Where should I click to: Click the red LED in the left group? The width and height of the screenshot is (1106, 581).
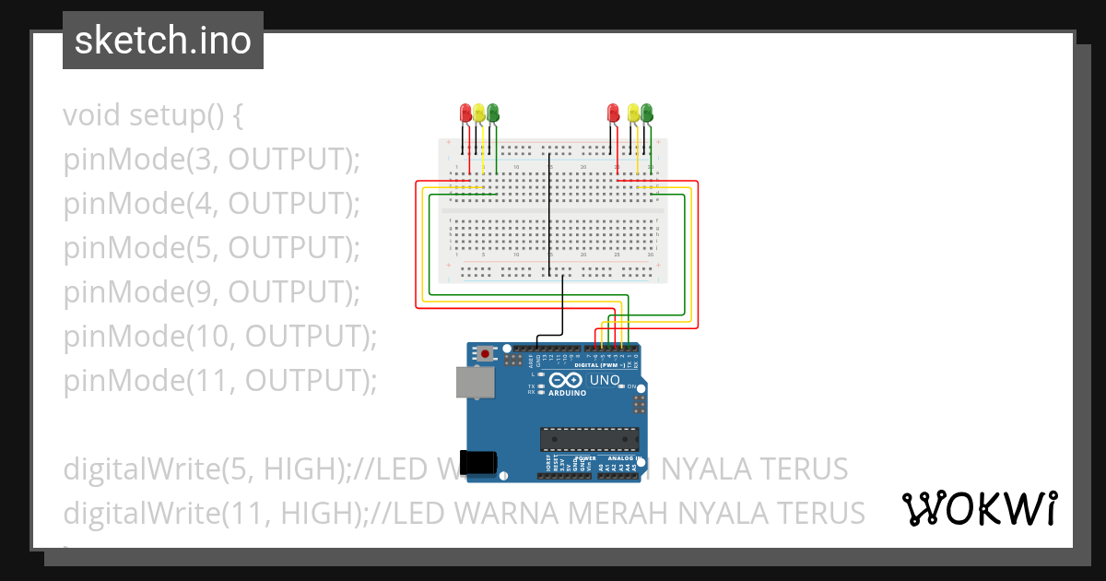466,113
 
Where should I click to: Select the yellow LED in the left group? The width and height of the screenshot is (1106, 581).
479,113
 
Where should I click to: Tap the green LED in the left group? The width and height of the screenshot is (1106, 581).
493,113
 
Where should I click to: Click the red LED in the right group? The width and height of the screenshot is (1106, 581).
614,113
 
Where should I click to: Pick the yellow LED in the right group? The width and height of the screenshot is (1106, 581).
633,113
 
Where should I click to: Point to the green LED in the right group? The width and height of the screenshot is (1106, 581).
647,113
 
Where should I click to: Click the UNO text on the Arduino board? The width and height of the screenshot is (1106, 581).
605,380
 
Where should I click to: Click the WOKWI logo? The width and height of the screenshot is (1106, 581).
979,508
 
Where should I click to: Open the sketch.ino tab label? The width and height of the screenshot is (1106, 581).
163,41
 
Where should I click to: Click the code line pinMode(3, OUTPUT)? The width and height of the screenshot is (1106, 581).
211,160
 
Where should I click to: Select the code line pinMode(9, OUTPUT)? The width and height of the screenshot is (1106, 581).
211,291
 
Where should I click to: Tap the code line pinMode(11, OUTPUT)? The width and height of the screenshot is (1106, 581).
220,380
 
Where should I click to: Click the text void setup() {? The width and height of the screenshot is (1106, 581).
153,116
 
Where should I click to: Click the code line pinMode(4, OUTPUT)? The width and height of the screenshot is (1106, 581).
211,204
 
